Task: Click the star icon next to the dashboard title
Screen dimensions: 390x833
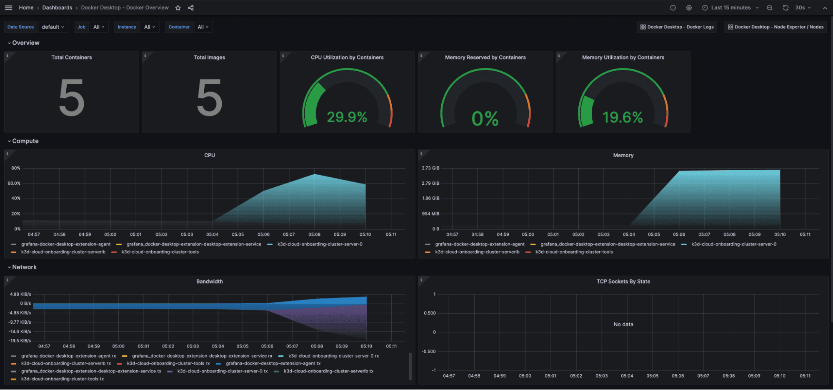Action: click(178, 8)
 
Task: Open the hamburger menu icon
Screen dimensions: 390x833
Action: click(8, 8)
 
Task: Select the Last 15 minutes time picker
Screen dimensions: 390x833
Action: click(730, 8)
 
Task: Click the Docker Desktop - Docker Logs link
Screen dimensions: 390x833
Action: click(677, 27)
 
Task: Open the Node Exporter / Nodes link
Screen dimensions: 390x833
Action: click(775, 27)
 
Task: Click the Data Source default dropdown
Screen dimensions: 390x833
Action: click(53, 27)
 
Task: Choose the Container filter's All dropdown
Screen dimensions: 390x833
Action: click(203, 27)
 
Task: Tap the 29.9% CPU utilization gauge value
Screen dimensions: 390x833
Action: click(347, 117)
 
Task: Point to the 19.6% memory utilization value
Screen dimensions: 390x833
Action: click(623, 117)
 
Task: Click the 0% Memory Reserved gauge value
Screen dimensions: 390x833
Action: click(485, 118)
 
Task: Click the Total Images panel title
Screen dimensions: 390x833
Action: click(209, 58)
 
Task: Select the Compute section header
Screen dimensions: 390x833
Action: click(25, 141)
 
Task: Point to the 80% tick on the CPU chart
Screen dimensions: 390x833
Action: click(16, 168)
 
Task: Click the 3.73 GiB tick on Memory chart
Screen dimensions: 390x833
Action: click(430, 168)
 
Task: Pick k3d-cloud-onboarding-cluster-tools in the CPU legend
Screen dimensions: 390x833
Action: click(160, 252)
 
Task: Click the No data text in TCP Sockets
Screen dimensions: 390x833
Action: click(623, 325)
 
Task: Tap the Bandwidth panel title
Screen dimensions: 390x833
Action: click(209, 282)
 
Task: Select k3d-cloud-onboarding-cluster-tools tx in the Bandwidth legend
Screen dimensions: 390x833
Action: click(62, 379)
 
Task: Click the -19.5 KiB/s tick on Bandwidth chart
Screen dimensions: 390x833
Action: click(20, 341)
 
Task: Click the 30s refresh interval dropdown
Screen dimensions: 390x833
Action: click(803, 8)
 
